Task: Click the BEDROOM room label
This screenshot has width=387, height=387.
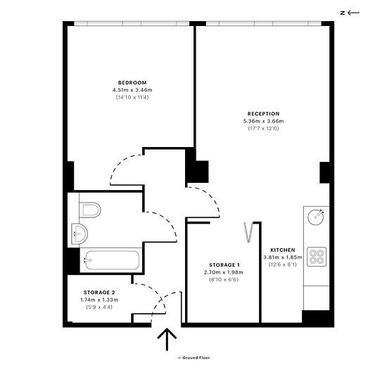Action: (132, 83)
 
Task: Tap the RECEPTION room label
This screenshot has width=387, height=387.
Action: (263, 114)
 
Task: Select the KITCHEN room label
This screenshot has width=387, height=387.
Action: (283, 250)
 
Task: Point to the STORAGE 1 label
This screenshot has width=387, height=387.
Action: (224, 265)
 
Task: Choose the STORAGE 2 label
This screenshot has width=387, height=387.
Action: (99, 293)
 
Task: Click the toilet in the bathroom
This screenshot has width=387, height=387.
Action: (90, 210)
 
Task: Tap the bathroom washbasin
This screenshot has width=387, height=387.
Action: (80, 234)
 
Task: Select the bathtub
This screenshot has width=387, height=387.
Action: (112, 260)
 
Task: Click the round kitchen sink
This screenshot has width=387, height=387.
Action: (316, 217)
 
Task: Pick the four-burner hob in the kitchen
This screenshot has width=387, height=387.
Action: (317, 257)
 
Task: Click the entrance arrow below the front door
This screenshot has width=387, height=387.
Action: (167, 339)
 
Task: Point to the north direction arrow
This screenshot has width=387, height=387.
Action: (353, 13)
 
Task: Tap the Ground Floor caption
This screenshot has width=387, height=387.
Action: (193, 357)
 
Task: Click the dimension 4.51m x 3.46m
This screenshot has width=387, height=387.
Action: (132, 90)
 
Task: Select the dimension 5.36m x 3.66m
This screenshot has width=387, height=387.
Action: (263, 121)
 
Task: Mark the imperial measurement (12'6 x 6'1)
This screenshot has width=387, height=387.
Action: (283, 265)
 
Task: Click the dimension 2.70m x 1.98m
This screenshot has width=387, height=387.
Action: (224, 272)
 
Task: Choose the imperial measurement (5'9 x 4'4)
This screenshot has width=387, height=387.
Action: (99, 307)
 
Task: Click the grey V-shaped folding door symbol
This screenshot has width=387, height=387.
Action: (248, 232)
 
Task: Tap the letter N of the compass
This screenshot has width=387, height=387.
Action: (343, 13)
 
